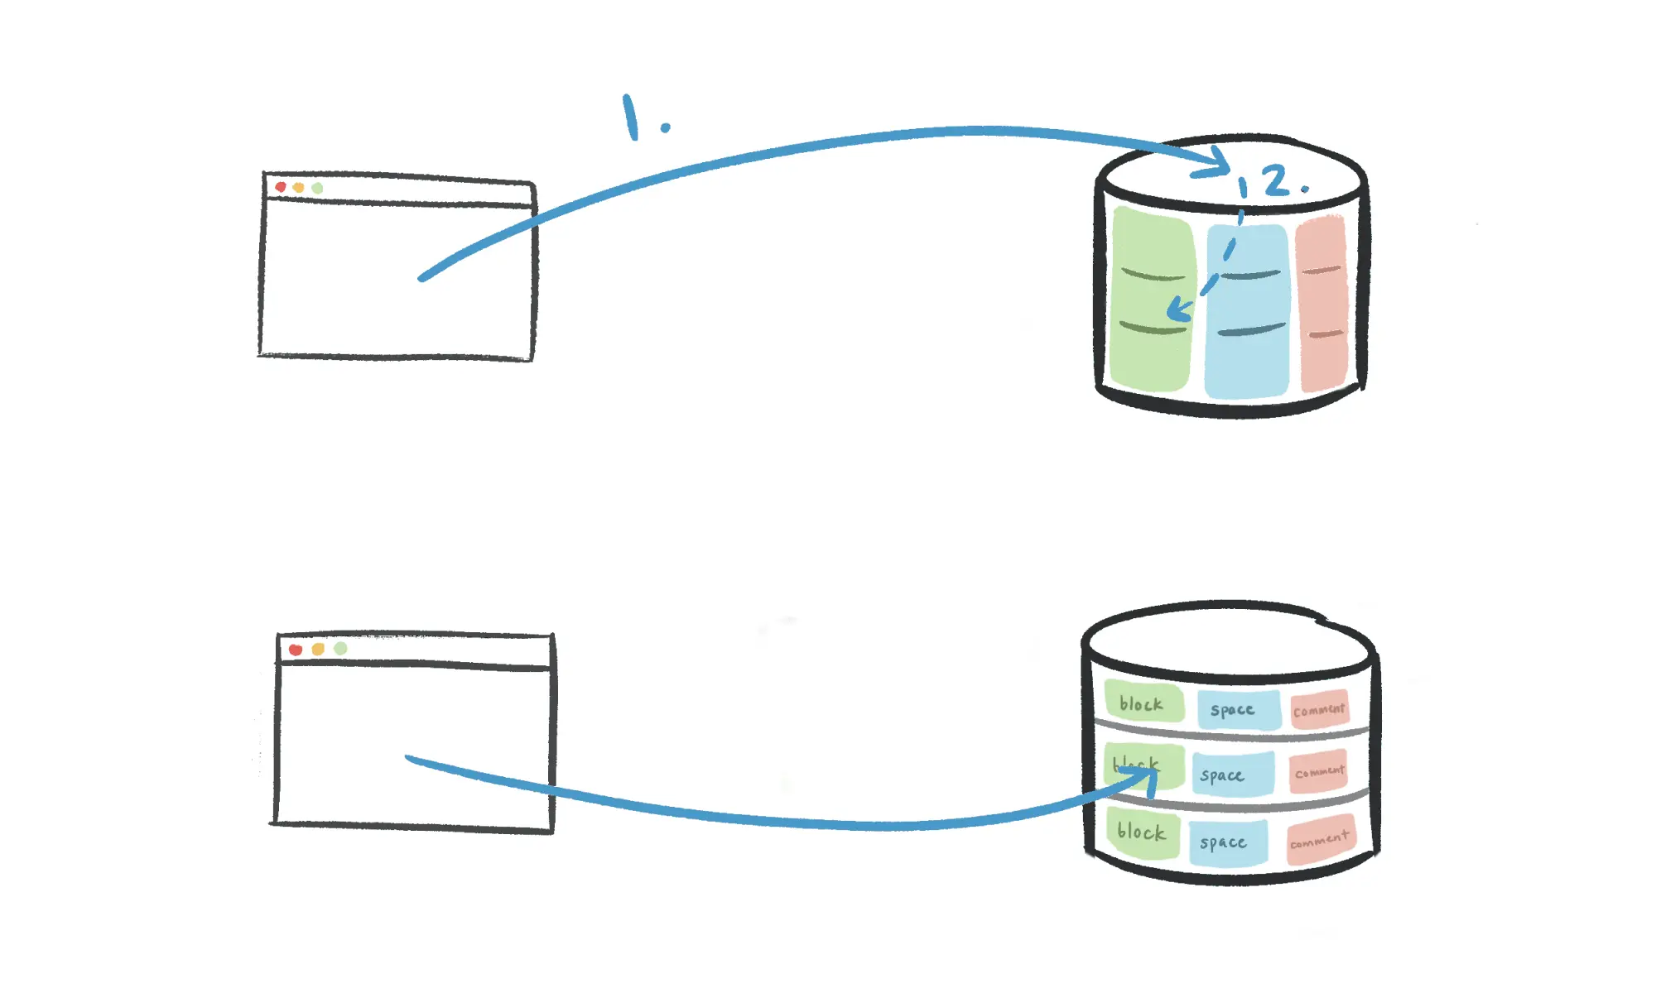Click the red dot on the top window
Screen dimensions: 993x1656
281,187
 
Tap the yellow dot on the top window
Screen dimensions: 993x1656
299,188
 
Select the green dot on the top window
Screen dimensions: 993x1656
317,189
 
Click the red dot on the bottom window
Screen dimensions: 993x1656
296,650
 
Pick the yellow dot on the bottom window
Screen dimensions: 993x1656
318,649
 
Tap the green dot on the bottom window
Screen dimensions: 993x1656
340,648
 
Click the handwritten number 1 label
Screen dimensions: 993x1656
632,117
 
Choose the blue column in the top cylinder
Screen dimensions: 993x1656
1248,310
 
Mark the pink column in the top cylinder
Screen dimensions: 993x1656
1322,302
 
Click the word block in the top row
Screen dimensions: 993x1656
1141,704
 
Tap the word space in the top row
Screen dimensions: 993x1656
1232,710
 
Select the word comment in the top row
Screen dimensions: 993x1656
1319,710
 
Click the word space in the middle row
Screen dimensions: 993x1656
1222,775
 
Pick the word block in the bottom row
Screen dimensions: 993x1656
1141,832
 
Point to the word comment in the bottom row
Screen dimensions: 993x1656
1319,840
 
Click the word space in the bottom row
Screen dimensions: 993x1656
1223,842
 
